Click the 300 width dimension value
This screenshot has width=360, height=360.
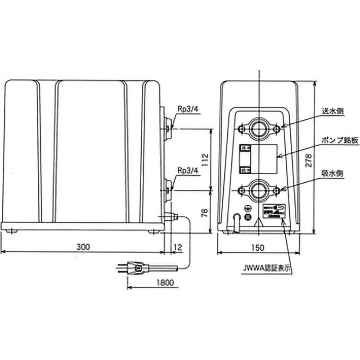coord(82,247)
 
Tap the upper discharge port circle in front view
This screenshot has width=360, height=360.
coord(260,129)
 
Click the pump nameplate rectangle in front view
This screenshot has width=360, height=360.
coord(265,158)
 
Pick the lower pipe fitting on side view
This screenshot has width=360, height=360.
coord(167,189)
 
